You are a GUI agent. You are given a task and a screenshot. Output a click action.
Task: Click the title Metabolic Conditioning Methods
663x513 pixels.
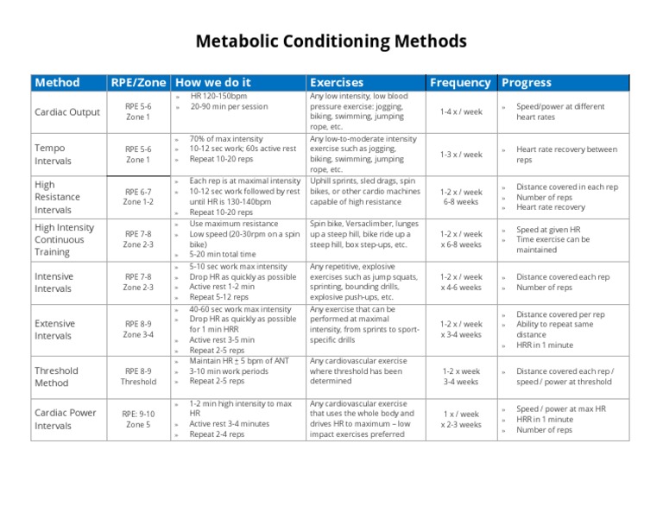tap(331, 41)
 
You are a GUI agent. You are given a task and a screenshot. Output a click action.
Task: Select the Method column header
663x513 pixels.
tap(57, 83)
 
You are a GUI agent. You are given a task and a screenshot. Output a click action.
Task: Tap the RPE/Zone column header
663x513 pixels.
tap(138, 83)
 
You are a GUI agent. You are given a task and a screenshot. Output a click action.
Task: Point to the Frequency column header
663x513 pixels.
tap(460, 83)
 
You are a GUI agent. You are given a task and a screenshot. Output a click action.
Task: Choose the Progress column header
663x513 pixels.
tap(526, 83)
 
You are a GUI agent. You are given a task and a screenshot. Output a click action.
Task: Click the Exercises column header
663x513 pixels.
tap(337, 83)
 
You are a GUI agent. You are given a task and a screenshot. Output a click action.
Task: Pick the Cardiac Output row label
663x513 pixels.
tap(67, 112)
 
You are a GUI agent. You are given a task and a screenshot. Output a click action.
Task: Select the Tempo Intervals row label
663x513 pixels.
tap(54, 155)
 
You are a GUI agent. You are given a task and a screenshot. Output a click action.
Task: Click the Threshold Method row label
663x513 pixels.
tap(56, 377)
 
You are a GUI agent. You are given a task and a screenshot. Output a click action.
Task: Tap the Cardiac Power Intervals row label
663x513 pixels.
tap(65, 419)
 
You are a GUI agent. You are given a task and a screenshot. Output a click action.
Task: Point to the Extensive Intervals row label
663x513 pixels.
tap(54, 330)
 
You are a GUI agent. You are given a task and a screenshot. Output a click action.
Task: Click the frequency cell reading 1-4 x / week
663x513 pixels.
tap(461, 111)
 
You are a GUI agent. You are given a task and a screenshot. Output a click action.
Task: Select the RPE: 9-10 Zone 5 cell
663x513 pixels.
tap(138, 419)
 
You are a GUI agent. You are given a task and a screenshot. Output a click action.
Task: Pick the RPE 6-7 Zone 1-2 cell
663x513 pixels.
tap(138, 197)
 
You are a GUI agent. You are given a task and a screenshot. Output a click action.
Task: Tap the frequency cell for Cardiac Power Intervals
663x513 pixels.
tap(461, 419)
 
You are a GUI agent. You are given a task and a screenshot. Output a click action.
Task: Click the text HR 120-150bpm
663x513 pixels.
tap(218, 97)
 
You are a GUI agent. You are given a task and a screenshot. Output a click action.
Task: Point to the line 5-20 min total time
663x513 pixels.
tap(223, 255)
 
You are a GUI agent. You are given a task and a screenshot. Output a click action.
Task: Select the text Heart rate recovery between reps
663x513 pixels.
tap(566, 155)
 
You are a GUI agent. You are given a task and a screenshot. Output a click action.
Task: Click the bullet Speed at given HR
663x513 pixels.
tap(548, 230)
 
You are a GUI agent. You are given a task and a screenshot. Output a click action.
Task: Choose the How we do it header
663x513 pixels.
tap(212, 83)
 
